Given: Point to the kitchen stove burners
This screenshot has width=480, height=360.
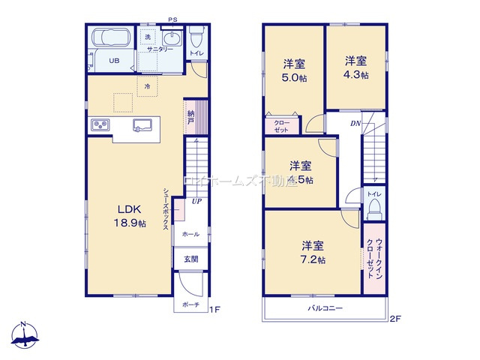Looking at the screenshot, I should coord(100,124).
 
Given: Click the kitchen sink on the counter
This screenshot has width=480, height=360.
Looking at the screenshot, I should coord(141,124).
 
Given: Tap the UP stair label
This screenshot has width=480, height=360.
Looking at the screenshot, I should coord(195,202).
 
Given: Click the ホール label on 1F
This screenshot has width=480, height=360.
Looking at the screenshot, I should coord(190,235).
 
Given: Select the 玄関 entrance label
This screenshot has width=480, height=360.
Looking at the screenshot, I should coord(190,259).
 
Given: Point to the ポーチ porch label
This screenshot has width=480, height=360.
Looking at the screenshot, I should coord(190,304).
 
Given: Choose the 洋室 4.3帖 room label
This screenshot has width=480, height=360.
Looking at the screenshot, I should coord(356,67).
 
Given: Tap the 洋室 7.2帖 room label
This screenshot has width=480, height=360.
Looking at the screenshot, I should coord(313,252).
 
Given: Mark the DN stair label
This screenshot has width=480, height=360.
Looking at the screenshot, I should coord(354,123).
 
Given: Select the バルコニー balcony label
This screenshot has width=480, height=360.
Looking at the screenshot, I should coord(325,308).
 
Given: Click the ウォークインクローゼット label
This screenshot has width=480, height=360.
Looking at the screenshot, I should coord(373,259).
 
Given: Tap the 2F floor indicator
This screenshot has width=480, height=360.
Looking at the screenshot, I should coord(395,319).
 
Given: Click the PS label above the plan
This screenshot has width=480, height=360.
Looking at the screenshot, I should coord(173,19).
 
